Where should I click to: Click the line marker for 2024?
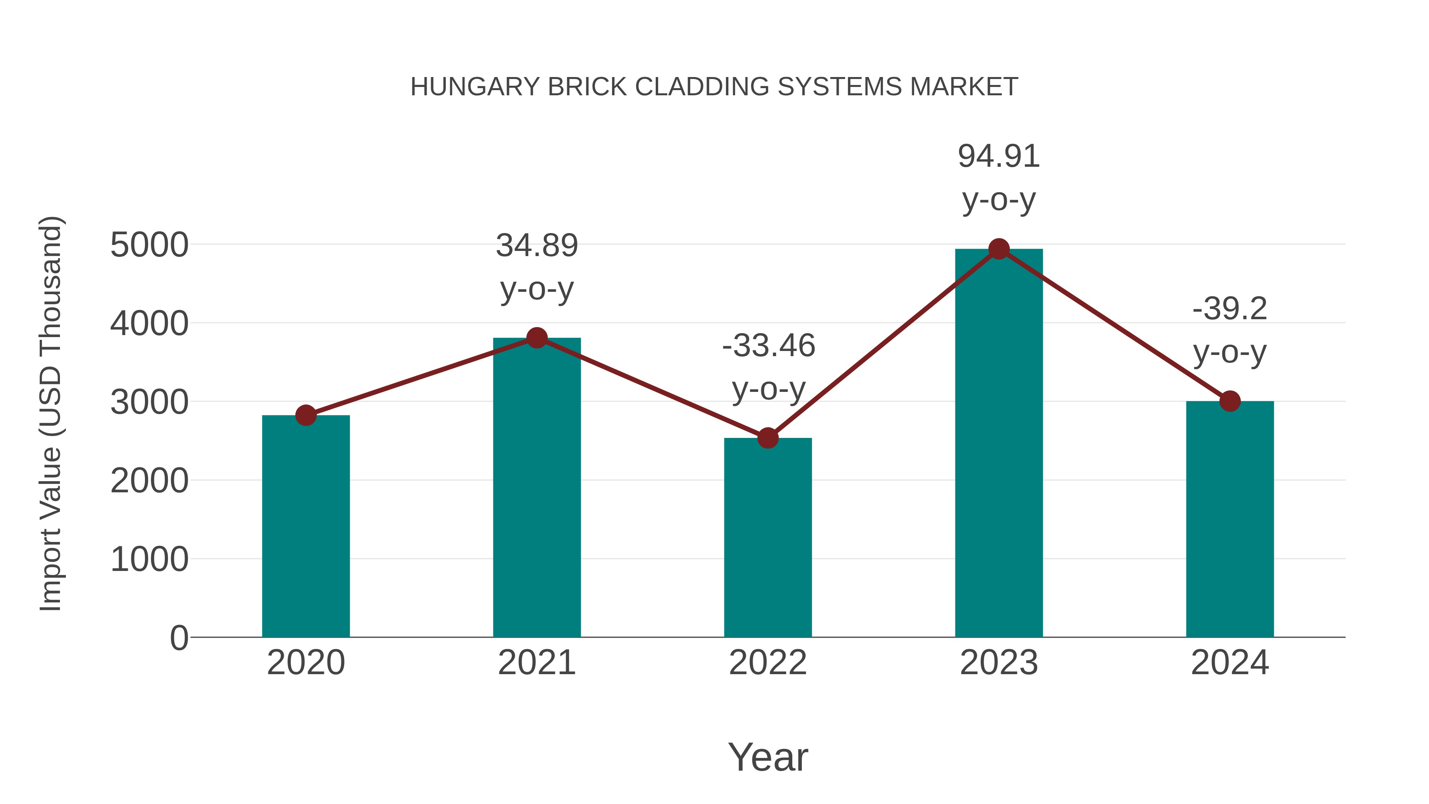(1230, 401)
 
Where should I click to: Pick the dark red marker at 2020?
(306, 415)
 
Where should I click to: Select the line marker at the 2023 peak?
(999, 249)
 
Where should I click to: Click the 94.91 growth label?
(999, 156)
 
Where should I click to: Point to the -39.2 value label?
(1230, 308)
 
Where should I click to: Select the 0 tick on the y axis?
(179, 638)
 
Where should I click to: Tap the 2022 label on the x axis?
(768, 663)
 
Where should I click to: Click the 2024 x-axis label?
(1230, 663)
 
